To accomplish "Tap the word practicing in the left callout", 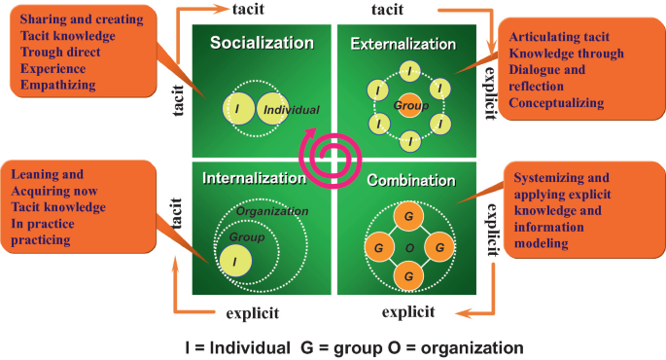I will [x=44, y=240].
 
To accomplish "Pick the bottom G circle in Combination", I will [x=409, y=276].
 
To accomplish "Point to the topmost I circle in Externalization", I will [x=410, y=70].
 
